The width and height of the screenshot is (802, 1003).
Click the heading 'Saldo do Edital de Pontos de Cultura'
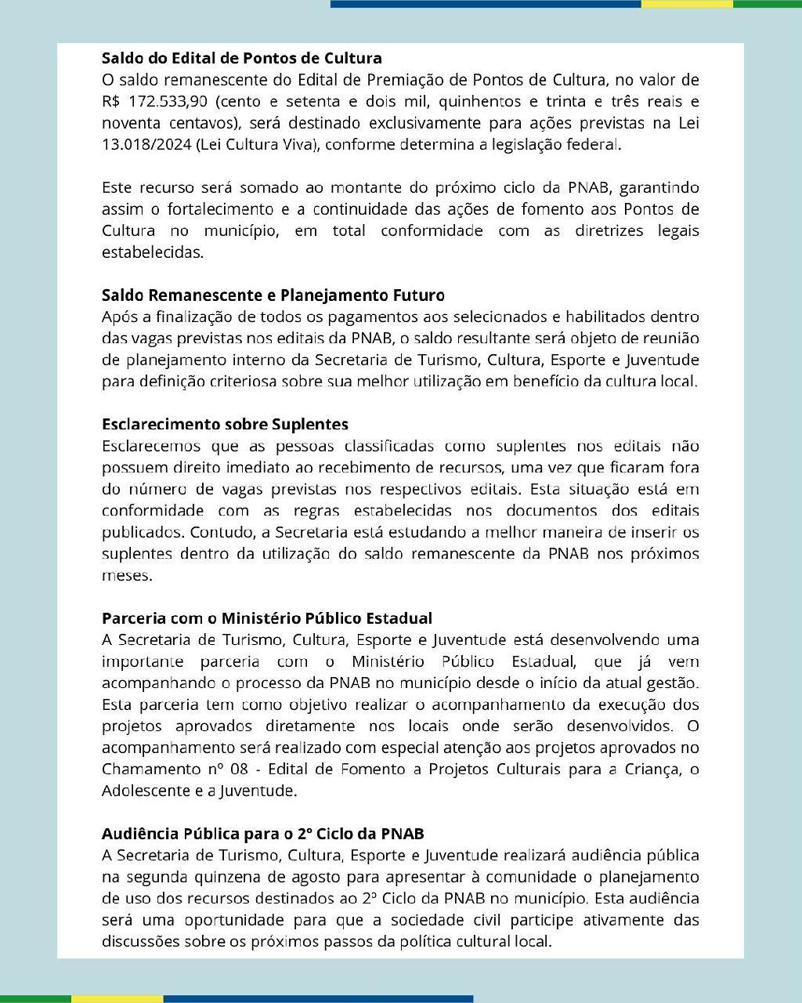click(241, 58)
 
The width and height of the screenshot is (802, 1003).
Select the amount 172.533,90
click(165, 102)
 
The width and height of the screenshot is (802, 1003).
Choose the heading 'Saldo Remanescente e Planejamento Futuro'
click(273, 295)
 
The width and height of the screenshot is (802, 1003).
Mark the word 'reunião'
click(673, 339)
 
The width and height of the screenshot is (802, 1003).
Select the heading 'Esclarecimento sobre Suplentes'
click(225, 424)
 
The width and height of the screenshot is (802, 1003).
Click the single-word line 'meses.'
click(127, 575)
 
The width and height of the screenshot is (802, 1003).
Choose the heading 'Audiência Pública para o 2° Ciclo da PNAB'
click(262, 834)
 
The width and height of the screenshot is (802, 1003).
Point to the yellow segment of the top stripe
click(687, 4)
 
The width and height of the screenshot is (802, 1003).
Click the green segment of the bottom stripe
click(35, 999)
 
